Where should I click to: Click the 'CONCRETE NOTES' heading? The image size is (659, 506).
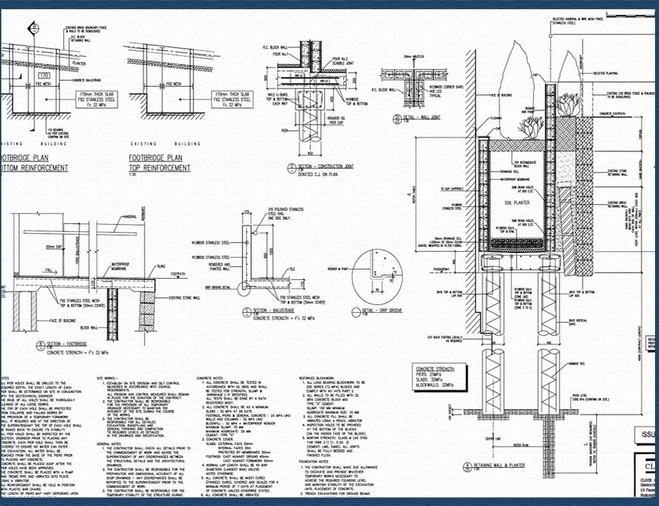point(212,378)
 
